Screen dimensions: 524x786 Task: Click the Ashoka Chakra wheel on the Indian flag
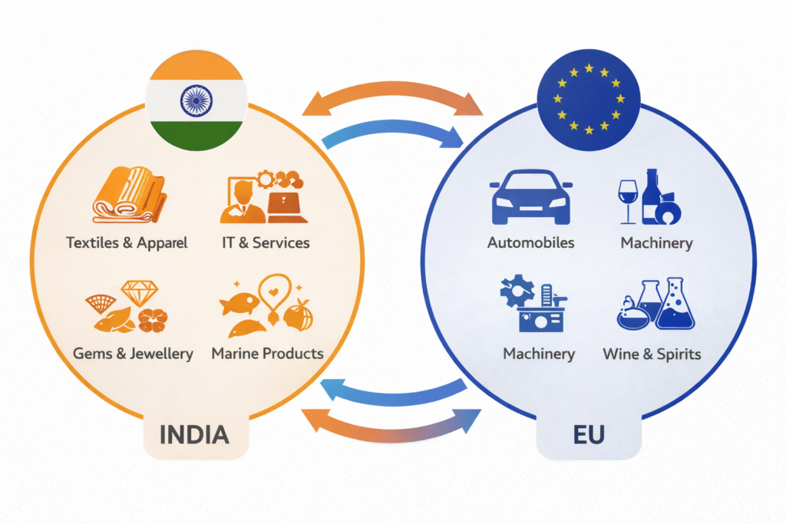tap(196, 100)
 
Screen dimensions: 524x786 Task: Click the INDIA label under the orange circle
tap(194, 435)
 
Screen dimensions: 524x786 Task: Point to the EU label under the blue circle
tap(589, 435)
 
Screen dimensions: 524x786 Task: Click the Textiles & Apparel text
tap(127, 243)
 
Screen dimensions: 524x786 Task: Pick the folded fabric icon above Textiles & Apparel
tap(129, 197)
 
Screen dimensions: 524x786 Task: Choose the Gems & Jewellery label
tap(133, 354)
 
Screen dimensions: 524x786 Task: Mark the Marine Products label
tap(267, 354)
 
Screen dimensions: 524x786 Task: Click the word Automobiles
tap(531, 243)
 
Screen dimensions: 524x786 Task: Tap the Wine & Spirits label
tap(652, 354)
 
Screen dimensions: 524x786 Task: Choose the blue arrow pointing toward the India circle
tap(391, 391)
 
